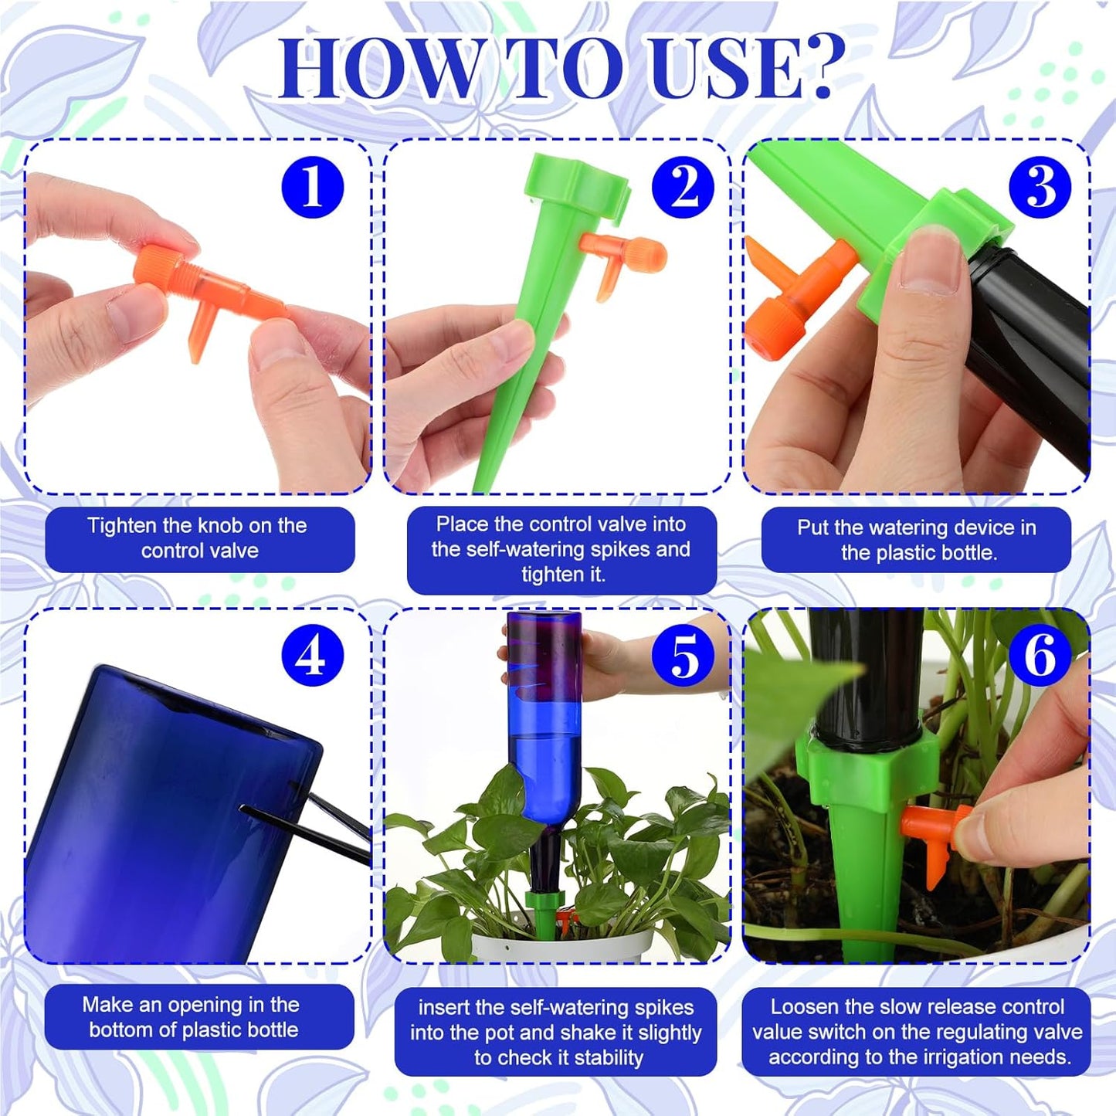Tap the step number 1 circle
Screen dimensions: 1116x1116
(312, 187)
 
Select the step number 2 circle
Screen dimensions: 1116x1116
(683, 187)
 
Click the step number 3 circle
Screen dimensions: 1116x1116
(1040, 187)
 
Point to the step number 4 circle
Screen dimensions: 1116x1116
(312, 655)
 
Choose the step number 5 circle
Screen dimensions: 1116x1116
(683, 655)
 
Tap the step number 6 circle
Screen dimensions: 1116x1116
(1040, 655)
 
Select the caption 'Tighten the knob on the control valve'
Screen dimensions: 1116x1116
(199, 538)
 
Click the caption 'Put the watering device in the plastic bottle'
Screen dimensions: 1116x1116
(916, 540)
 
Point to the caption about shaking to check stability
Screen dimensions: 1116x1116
(556, 1032)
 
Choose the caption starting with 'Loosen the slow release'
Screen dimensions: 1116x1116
(916, 1032)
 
